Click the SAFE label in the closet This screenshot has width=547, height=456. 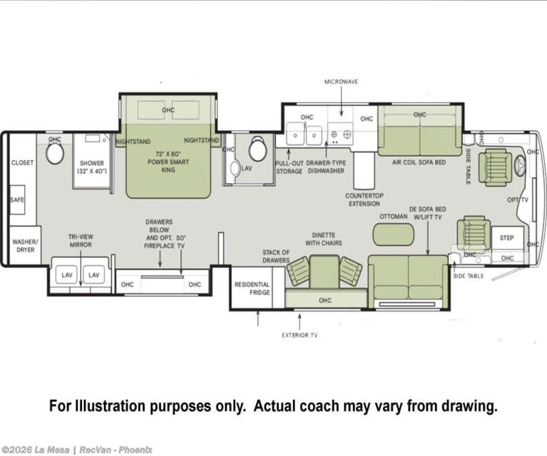point(17,200)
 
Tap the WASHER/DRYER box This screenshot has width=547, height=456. point(25,246)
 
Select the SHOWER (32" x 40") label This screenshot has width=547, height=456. point(92,167)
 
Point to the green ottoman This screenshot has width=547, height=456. point(394,234)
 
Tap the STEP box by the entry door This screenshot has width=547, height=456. point(508,238)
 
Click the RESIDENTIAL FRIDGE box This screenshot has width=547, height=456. point(252,288)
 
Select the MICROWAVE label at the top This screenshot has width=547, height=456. point(341,81)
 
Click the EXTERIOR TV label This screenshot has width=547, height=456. point(300,335)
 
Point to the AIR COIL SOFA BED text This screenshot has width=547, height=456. point(419,162)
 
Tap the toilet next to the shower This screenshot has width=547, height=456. point(55,153)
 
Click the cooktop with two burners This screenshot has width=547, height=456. point(340,134)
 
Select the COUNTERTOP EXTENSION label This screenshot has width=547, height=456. point(364,200)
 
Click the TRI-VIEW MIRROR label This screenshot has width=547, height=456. point(81,241)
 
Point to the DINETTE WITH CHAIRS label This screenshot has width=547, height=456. point(323,239)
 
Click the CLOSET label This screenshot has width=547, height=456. point(23,162)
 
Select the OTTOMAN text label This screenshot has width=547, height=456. point(394,216)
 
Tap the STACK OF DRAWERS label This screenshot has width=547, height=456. point(276,256)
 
